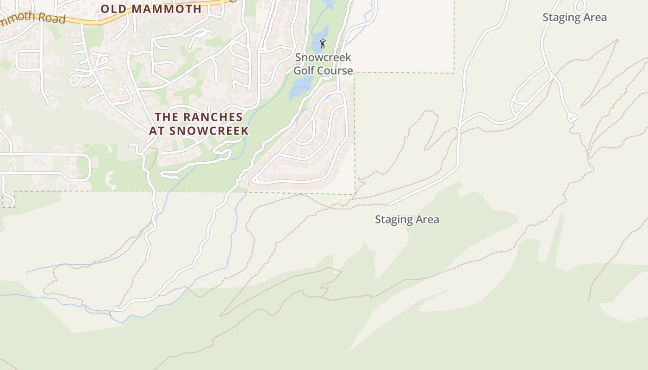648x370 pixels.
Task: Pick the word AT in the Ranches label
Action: coord(157,131)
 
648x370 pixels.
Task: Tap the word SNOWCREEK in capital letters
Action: coord(209,131)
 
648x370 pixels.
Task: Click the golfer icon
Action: coord(323,44)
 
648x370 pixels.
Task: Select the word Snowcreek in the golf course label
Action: coord(323,58)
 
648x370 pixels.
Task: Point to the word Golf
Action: coord(305,71)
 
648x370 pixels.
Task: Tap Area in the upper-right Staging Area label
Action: coord(594,18)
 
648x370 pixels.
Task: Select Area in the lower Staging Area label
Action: coord(427,220)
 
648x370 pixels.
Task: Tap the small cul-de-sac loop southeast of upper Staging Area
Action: coord(573,118)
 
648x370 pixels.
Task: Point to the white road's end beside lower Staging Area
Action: coord(390,204)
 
